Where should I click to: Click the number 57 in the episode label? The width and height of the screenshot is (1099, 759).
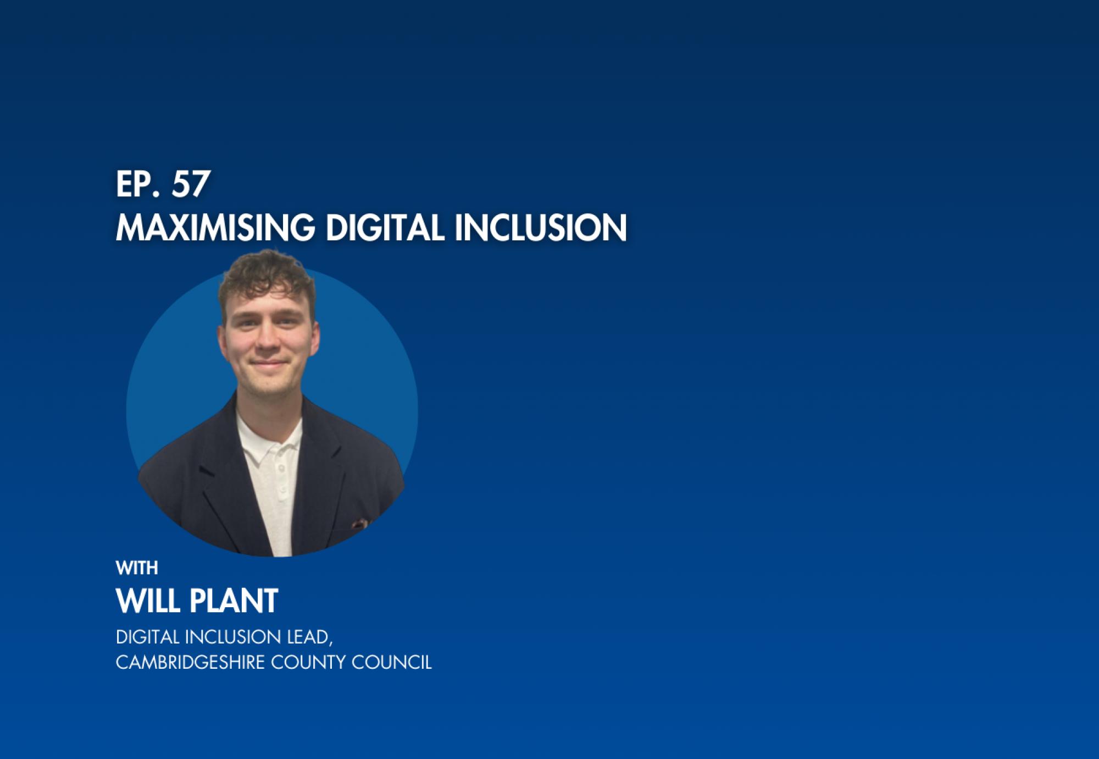click(x=191, y=185)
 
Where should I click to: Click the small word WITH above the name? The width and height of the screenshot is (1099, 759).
click(x=137, y=568)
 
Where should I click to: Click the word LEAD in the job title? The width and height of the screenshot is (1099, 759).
click(x=308, y=637)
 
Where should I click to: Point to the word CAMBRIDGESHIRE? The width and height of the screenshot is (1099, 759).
click(x=190, y=662)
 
